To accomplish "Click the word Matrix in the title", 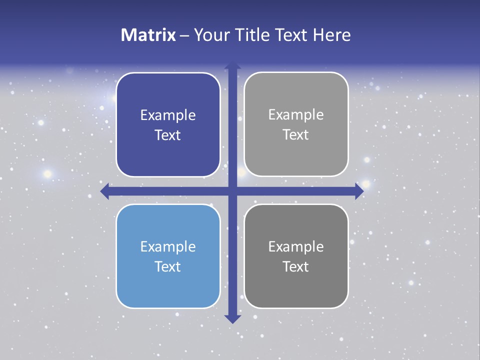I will [148, 35].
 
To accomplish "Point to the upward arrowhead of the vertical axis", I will [232, 65].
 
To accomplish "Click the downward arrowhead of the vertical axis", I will [232, 319].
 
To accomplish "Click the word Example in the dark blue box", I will [168, 115].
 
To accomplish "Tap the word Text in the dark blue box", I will [168, 135].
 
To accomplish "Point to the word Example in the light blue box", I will [168, 247].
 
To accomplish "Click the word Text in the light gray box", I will [296, 134].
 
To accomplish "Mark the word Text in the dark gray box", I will [296, 266].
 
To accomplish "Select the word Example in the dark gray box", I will [296, 246].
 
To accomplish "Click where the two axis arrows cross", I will [232, 191].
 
